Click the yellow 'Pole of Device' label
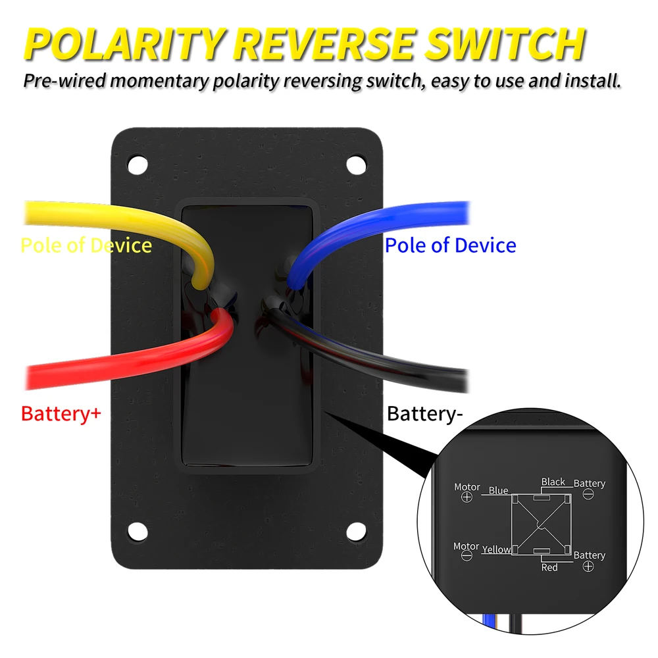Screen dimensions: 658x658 tap(86, 245)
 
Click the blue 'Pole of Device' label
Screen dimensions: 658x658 tap(450, 245)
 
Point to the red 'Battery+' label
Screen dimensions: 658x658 tap(61, 415)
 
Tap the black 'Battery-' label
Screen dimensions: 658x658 tap(425, 415)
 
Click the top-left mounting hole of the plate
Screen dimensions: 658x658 tap(138, 162)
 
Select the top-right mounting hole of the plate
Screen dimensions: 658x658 tap(356, 162)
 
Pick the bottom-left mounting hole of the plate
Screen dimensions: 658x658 tap(138, 528)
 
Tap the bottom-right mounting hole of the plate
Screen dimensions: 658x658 tap(356, 528)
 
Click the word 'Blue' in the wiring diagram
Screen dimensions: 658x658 tap(498, 491)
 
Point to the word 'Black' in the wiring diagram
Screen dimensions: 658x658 tap(553, 482)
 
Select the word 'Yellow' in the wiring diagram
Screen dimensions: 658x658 tap(496, 549)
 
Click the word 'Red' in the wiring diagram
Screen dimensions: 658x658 tap(549, 567)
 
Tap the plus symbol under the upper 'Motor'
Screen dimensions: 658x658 tap(467, 497)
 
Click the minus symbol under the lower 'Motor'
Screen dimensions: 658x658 tap(467, 556)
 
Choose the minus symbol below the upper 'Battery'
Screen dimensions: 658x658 tap(589, 493)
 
